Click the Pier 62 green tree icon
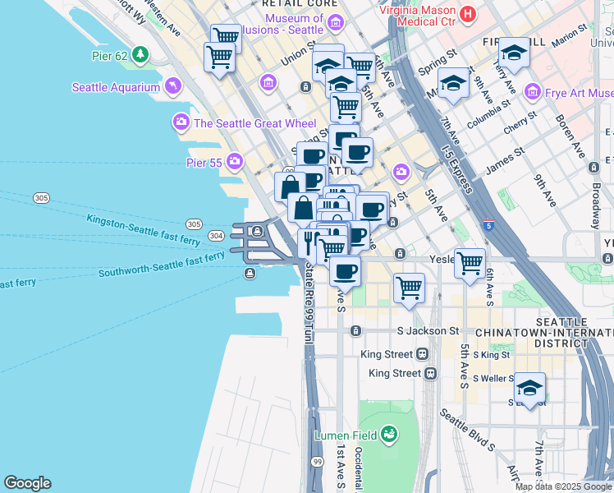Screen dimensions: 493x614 click(x=140, y=55)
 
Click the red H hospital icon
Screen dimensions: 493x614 click(x=467, y=14)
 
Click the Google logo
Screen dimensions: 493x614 click(x=27, y=483)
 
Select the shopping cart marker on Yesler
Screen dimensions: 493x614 click(x=470, y=264)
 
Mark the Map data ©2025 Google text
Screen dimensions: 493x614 click(x=562, y=486)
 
